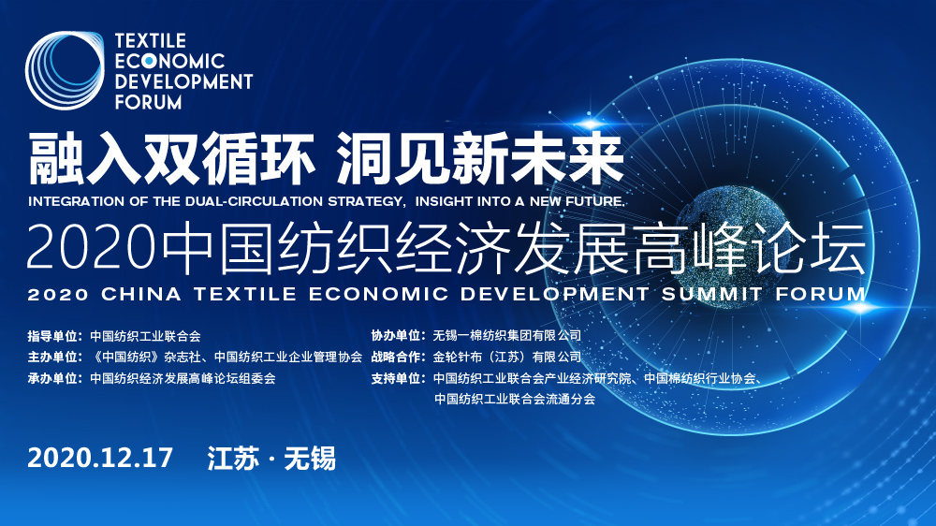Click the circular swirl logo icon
pos(65,71)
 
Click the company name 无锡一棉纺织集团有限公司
pos(507,335)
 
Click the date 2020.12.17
pos(101,458)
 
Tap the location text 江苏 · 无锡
pos(271,458)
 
